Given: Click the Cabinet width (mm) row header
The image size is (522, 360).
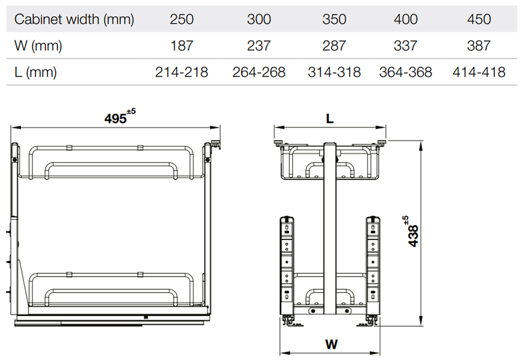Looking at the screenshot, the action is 74,19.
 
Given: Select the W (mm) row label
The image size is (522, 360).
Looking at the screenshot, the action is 38,45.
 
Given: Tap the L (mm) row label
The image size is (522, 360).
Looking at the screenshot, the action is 35,72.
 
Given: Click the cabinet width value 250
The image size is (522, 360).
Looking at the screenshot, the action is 182,19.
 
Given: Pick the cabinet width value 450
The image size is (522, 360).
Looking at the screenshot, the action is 479,19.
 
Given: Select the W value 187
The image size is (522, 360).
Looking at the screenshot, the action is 182,45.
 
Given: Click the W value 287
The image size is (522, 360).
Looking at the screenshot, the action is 334,45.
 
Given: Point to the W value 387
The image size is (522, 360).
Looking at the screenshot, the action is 479,45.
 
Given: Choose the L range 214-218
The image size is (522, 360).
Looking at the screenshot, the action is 182,72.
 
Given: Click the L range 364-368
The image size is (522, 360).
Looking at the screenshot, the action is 405,72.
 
